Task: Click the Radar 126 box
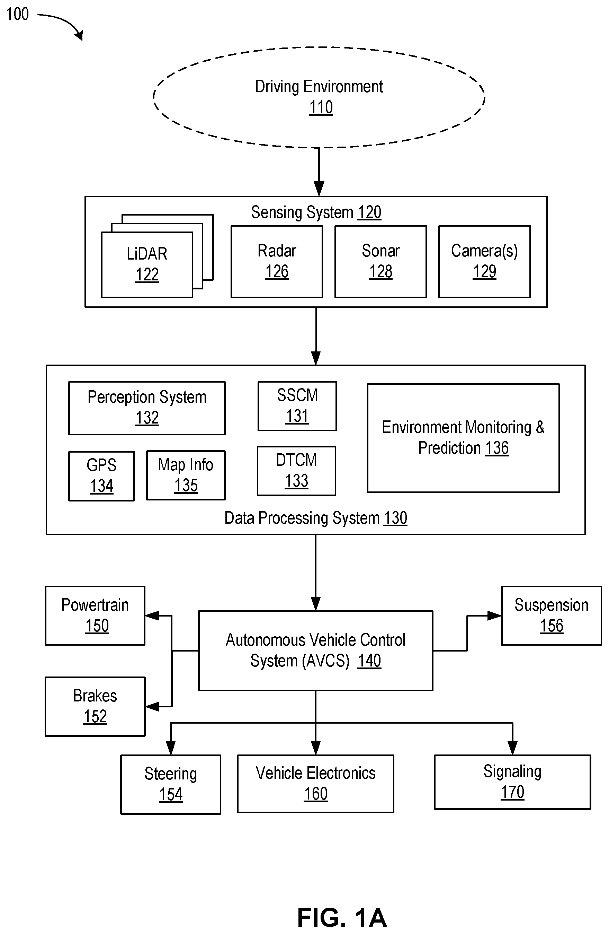277,261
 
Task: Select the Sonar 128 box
380,261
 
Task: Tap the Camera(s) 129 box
484,261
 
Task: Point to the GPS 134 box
101,476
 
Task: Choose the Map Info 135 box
186,475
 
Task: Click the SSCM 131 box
297,406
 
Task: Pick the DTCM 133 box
296,471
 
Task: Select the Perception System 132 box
147,408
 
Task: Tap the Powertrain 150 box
95,616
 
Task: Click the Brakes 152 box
95,706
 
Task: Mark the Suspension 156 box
552,616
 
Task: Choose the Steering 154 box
171,785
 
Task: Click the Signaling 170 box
512,782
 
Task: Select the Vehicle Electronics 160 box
316,784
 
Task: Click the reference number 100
18,14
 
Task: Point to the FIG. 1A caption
342,917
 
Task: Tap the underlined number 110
321,107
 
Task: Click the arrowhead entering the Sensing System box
319,189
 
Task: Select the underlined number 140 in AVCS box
369,661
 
